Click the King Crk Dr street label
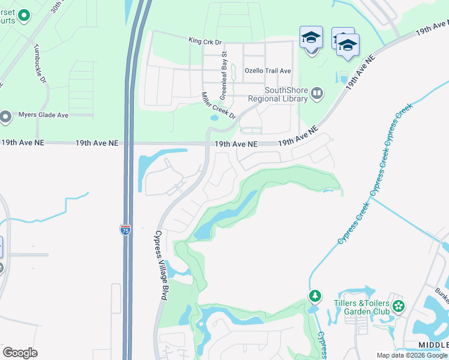tap(205, 42)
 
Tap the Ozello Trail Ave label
tap(268, 71)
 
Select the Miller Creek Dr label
tap(219, 106)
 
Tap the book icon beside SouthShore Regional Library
tap(317, 94)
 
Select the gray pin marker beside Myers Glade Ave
tap(6, 116)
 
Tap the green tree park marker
tap(315, 296)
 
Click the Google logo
tap(20, 353)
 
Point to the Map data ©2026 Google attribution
tap(412, 355)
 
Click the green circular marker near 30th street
tap(23, 15)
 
